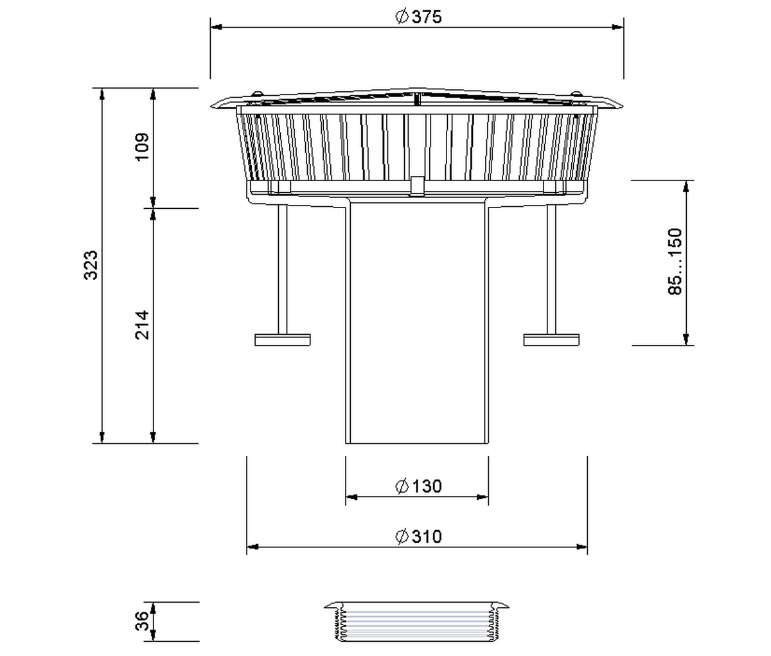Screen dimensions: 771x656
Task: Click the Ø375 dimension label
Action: click(x=418, y=17)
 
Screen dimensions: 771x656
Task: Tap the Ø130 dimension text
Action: click(x=418, y=486)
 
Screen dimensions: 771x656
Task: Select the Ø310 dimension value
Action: click(x=418, y=536)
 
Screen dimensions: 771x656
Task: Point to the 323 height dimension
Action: click(x=91, y=265)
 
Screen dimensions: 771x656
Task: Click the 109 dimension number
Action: click(x=142, y=146)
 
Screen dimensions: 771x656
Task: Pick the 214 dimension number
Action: click(x=142, y=325)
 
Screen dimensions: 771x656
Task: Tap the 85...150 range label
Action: click(x=675, y=262)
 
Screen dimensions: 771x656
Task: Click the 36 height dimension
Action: click(x=142, y=621)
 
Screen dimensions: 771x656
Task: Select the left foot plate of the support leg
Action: click(x=282, y=340)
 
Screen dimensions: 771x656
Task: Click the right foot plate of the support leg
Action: click(x=551, y=340)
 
